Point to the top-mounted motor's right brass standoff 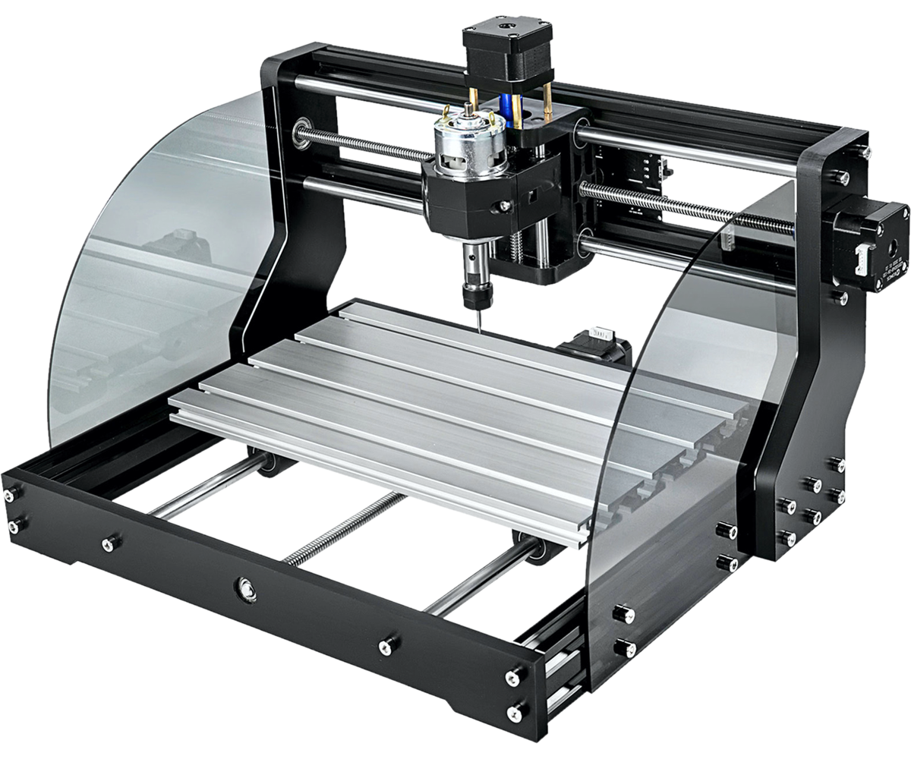[x=547, y=99]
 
